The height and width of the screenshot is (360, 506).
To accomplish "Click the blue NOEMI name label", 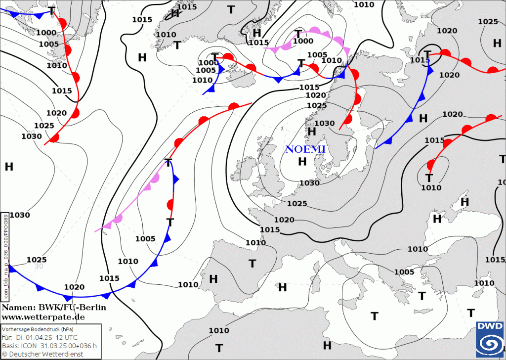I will [305, 149].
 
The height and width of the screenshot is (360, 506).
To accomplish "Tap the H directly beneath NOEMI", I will [302, 162].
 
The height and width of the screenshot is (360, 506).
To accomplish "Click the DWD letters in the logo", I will [490, 326].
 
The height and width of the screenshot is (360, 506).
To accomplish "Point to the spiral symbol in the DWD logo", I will [490, 343].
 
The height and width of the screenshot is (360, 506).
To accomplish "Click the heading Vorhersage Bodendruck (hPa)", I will [38, 329].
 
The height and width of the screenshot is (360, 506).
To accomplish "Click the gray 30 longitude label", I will [39, 266].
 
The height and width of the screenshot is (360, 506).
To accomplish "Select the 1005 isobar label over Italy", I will [404, 272].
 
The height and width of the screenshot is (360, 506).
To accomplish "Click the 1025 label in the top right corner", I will [488, 21].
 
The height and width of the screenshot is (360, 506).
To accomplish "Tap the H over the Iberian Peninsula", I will [213, 279].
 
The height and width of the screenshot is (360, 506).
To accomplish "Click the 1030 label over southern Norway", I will [325, 123].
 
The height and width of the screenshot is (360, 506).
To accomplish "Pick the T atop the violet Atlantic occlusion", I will [169, 163].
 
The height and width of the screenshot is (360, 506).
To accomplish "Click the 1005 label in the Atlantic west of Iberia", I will [145, 239].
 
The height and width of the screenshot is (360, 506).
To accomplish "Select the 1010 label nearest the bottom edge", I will [218, 330].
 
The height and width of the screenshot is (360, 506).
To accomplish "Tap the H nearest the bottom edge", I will [327, 345].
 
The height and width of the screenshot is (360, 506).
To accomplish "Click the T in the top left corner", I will [51, 10].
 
